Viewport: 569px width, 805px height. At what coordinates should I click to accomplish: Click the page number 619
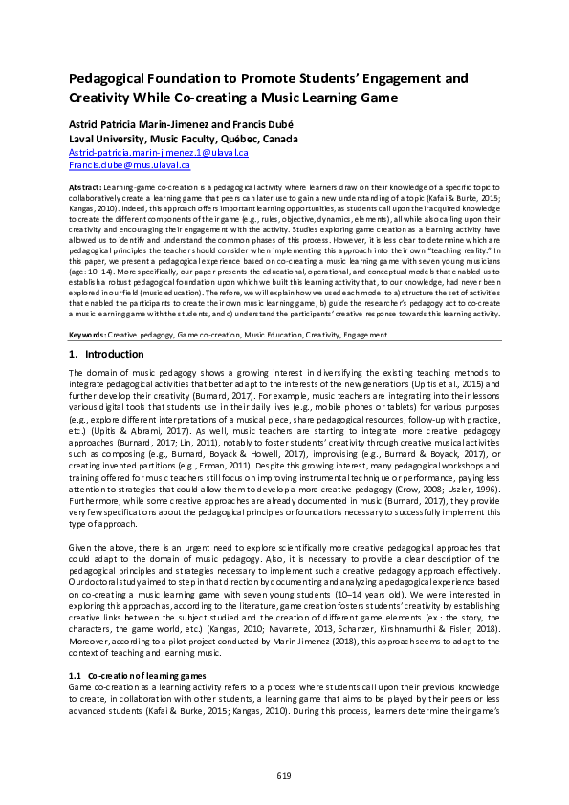coord(284,775)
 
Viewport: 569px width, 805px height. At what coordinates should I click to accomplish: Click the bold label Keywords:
coord(87,335)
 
